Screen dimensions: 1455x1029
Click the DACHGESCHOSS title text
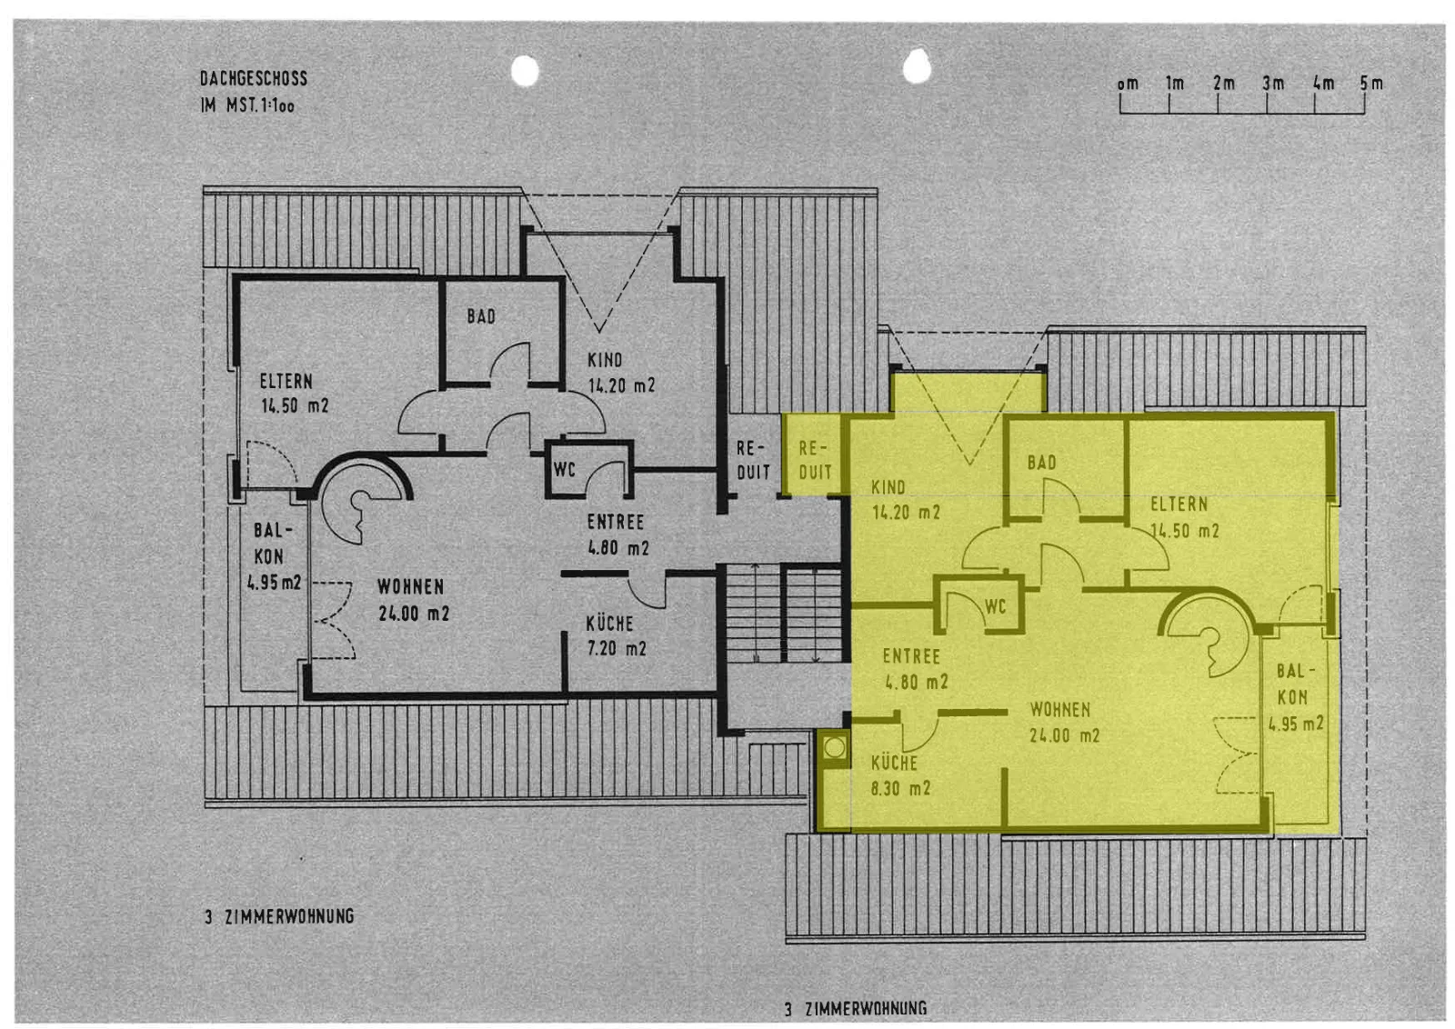254,78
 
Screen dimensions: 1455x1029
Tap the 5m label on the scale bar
1371,84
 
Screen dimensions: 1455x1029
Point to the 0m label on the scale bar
1128,85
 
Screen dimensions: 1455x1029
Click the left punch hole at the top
525,71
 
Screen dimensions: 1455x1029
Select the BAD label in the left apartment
481,316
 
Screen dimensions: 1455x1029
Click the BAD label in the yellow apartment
1042,463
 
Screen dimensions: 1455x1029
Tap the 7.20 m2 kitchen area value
617,648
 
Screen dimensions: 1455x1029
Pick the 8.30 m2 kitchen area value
900,789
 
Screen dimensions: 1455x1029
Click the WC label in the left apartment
565,469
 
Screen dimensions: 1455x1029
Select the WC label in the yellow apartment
995,606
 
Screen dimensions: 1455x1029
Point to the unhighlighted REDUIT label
753,460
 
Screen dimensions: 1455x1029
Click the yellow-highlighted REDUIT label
815,460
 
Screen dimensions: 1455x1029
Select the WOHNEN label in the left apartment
410,587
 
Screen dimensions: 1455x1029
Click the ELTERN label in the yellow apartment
1179,504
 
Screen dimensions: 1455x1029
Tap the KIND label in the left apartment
605,360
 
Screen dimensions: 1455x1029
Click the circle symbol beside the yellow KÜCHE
834,748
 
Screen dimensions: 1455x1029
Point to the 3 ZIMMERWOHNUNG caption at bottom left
280,916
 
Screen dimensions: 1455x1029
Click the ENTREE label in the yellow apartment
911,656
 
